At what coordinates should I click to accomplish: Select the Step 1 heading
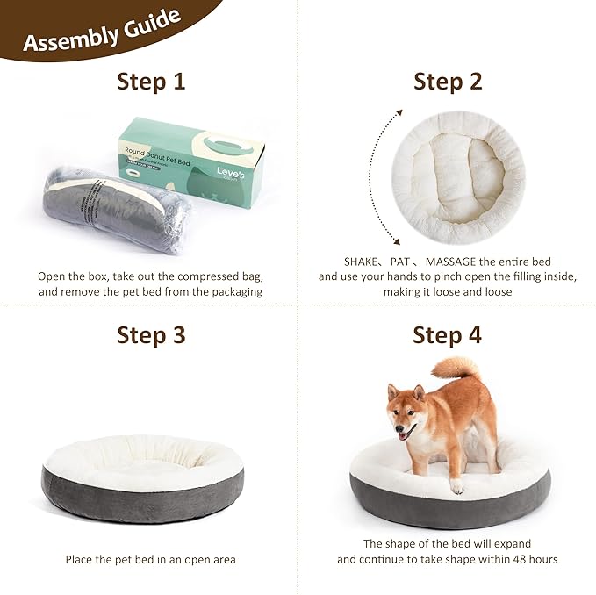[151, 82]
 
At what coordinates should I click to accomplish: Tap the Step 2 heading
[448, 82]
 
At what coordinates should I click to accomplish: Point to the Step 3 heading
[151, 334]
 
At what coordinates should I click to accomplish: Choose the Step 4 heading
[448, 334]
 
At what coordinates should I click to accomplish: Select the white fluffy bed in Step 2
[457, 176]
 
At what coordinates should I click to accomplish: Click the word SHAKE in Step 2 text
[338, 261]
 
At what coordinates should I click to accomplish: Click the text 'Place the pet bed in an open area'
[150, 559]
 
